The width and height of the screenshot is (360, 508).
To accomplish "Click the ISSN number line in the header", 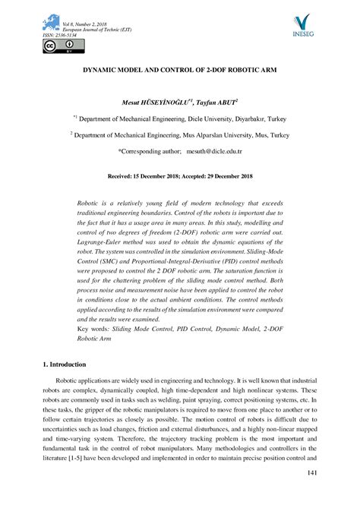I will coord(62,35).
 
